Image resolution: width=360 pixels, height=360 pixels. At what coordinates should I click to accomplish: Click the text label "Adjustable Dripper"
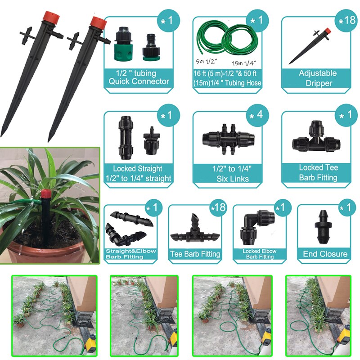click(x=318, y=78)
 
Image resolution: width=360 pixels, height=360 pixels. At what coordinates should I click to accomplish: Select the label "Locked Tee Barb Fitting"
click(x=318, y=172)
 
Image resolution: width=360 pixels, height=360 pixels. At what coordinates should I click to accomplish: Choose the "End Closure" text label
click(x=325, y=254)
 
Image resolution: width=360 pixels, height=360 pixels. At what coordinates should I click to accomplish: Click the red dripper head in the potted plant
click(x=45, y=196)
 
